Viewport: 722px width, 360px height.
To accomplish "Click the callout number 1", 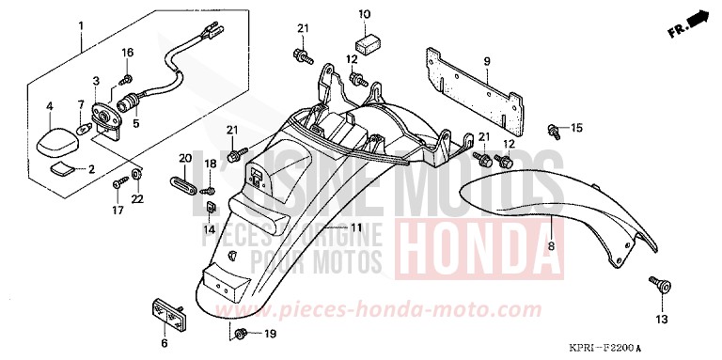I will point(81,23).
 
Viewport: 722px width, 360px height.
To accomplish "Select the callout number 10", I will point(365,14).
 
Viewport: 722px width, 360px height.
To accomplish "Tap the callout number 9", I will point(488,61).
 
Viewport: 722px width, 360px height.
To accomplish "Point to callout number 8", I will point(552,246).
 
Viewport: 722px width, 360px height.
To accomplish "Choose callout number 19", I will point(269,334).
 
